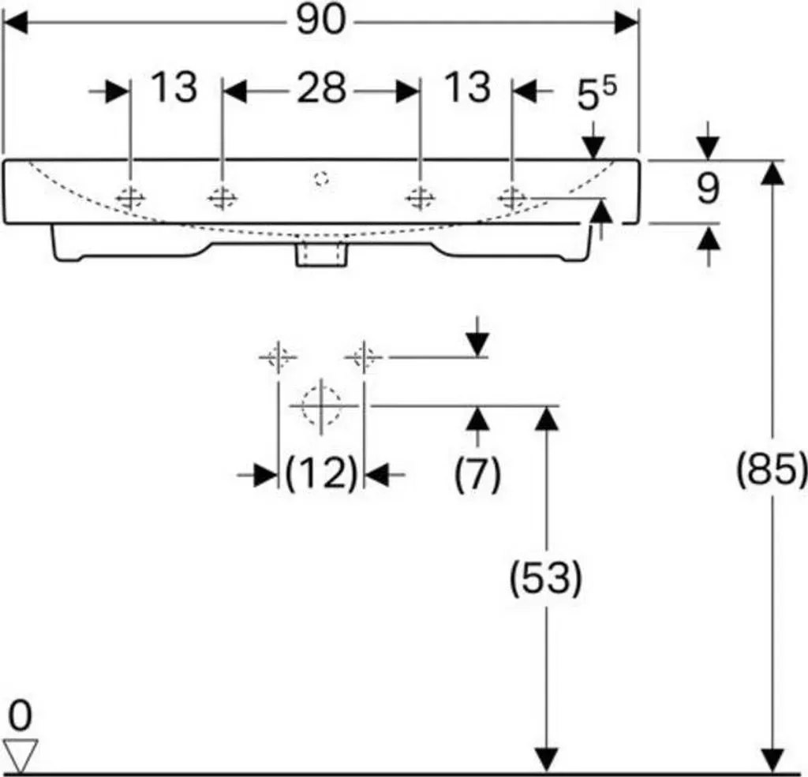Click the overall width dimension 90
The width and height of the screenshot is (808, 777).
320,21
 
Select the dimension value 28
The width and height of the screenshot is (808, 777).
321,88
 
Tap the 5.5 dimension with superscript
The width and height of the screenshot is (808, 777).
597,93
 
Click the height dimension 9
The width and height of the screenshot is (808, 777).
708,189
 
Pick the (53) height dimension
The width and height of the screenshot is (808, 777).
546,577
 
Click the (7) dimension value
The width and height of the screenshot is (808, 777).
477,473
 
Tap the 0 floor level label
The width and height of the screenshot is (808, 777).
20,715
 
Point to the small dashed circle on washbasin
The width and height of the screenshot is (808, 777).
322,178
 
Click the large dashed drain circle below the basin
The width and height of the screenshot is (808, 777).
322,405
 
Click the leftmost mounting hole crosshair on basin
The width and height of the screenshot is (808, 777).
131,197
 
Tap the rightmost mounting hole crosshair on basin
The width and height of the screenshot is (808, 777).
512,197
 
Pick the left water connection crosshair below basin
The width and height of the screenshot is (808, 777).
279,357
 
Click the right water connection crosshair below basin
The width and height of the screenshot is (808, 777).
364,357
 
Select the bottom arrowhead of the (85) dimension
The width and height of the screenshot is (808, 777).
772,760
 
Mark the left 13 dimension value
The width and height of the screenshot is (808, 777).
174,88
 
